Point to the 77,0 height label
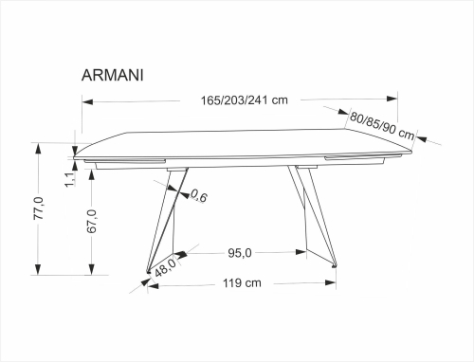(39, 208)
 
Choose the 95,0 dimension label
(239, 252)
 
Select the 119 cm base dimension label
(241, 282)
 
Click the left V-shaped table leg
(162, 223)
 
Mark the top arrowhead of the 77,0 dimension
(39, 145)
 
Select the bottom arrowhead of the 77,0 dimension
(39, 270)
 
